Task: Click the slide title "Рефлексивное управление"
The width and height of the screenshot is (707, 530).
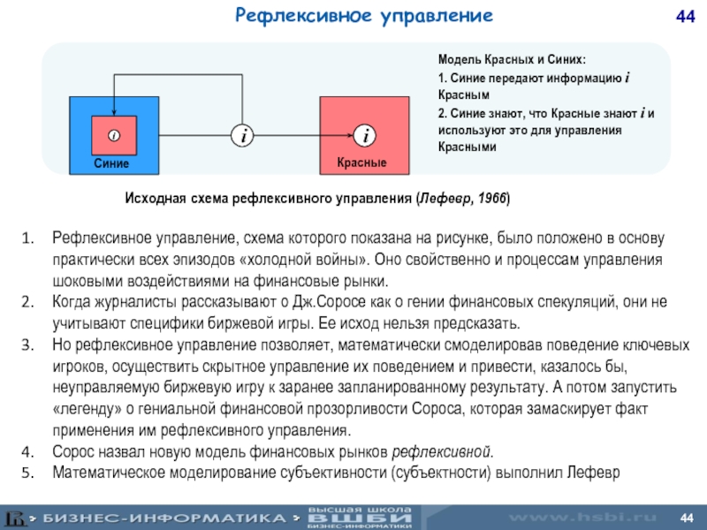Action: click(363, 15)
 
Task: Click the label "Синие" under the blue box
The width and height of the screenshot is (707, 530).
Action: click(112, 164)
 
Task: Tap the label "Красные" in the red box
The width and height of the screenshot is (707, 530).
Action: click(361, 164)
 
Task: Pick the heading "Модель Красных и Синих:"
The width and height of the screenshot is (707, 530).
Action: click(512, 60)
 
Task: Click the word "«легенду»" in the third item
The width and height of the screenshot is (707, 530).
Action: click(87, 410)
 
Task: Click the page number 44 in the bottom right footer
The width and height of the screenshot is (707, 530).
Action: click(686, 515)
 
